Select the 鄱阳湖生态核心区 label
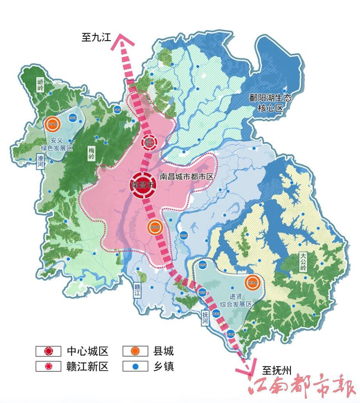270,103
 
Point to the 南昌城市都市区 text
187,177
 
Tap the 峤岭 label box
41,85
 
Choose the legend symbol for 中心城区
48,351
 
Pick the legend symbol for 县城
135,351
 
